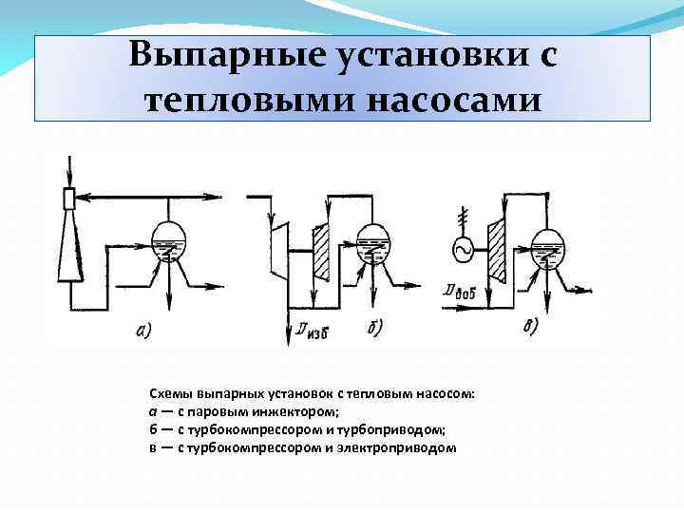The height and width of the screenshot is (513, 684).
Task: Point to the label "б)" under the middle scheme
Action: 374,329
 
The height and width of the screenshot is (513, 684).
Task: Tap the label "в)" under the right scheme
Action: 529,326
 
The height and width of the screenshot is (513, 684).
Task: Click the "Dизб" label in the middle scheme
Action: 310,331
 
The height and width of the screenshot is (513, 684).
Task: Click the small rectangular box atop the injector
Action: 68,199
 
